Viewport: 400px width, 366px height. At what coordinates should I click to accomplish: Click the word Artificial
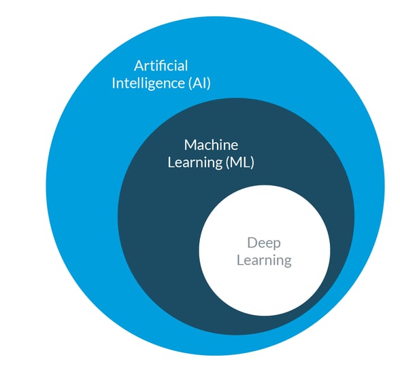pyautogui.click(x=161, y=66)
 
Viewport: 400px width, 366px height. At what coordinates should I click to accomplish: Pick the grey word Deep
pyautogui.click(x=263, y=242)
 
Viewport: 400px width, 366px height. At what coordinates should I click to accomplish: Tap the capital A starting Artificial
pyautogui.click(x=139, y=66)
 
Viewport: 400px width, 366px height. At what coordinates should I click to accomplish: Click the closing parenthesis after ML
pyautogui.click(x=252, y=163)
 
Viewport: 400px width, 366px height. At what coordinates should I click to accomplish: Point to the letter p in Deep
pyautogui.click(x=276, y=244)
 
